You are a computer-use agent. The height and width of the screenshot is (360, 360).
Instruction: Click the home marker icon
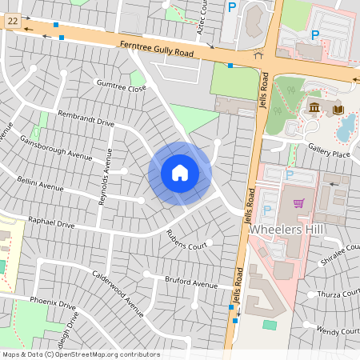pos(180,173)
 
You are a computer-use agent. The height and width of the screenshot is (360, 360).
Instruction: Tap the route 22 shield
pos(12,25)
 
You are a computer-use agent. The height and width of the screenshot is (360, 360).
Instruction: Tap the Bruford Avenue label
pos(191,284)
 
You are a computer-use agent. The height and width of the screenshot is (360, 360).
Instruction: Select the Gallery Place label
pos(330,153)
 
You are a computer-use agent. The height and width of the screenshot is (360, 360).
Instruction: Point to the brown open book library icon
pos(338,110)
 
